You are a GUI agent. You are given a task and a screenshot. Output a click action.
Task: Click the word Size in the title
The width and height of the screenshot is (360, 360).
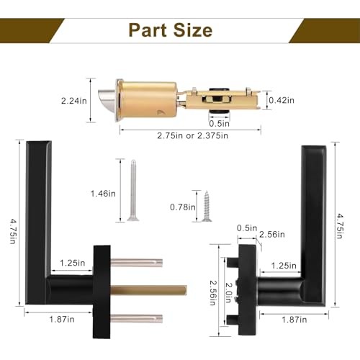click(193, 30)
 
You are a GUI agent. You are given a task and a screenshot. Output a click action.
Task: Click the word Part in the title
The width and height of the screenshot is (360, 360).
click(148, 30)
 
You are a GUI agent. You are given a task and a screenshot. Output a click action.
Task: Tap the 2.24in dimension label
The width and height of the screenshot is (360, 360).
click(74, 101)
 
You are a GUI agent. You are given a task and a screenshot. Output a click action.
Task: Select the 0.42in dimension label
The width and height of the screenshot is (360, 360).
click(282, 100)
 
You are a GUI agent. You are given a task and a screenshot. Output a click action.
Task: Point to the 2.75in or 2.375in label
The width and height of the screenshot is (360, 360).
click(192, 135)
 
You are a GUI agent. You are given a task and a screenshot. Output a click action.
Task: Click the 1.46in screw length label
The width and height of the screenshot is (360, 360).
click(103, 194)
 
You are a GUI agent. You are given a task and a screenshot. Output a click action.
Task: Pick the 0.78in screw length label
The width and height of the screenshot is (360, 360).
click(183, 207)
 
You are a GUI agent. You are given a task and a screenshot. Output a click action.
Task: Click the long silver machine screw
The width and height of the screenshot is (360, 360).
click(133, 190)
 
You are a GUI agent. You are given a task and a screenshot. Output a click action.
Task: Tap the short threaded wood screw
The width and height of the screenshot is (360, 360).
click(207, 206)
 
